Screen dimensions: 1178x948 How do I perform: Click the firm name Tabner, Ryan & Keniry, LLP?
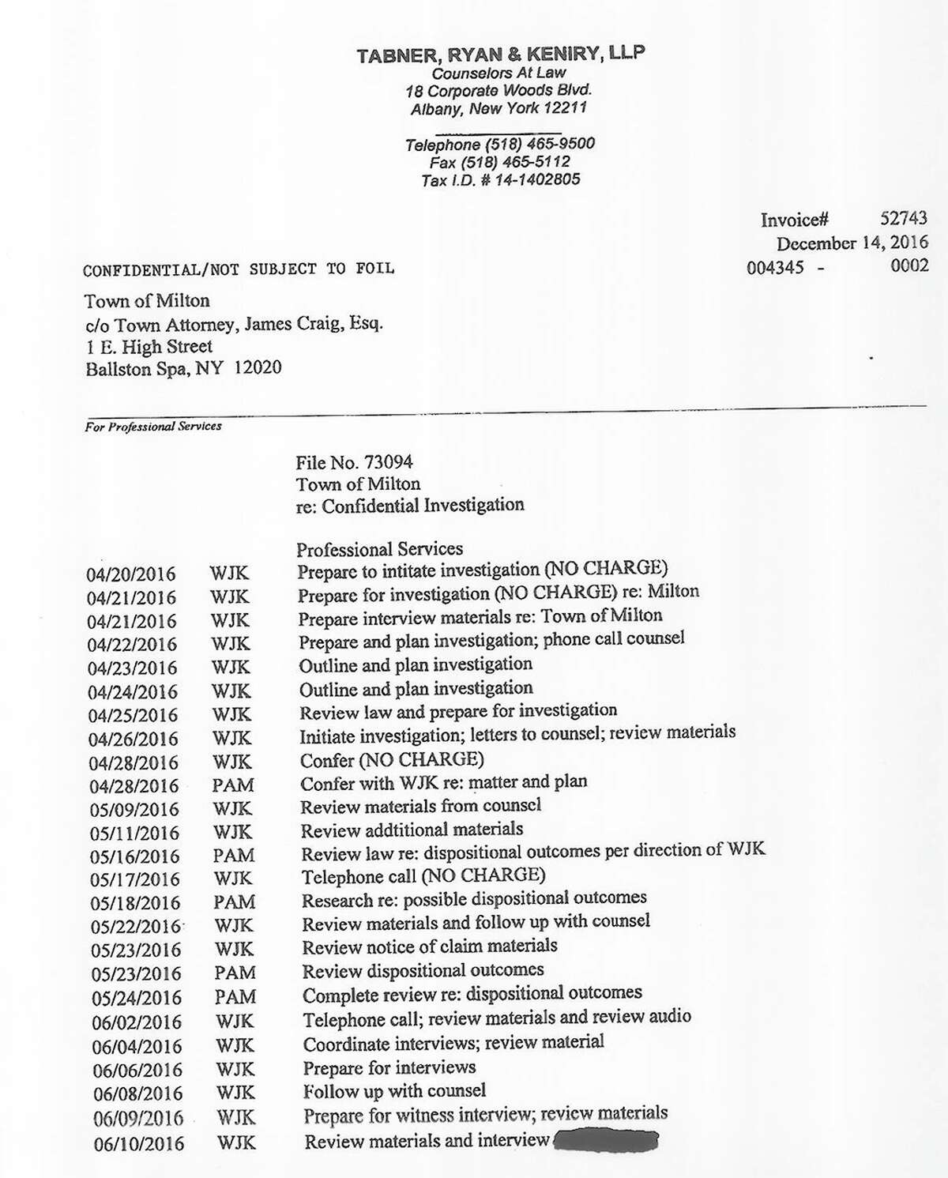500,55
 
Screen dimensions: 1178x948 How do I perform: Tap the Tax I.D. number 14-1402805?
536,179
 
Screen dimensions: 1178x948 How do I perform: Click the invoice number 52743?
904,219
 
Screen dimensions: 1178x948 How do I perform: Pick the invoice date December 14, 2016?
852,243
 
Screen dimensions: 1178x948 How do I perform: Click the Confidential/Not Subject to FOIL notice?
239,269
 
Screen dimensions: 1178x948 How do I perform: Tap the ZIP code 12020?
258,368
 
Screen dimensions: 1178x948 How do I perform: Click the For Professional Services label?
153,427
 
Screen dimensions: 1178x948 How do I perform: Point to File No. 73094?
354,462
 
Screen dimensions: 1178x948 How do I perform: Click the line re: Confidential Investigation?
410,505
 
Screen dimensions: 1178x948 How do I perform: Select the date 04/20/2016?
130,574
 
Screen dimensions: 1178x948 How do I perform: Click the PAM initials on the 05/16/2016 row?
234,856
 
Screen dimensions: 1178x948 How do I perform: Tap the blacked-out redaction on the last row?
606,1141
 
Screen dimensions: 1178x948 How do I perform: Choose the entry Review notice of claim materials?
430,946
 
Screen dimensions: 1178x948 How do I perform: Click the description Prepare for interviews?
389,1068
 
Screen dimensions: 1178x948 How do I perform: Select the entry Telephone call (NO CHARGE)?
423,875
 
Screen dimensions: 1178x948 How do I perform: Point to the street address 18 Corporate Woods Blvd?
498,90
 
